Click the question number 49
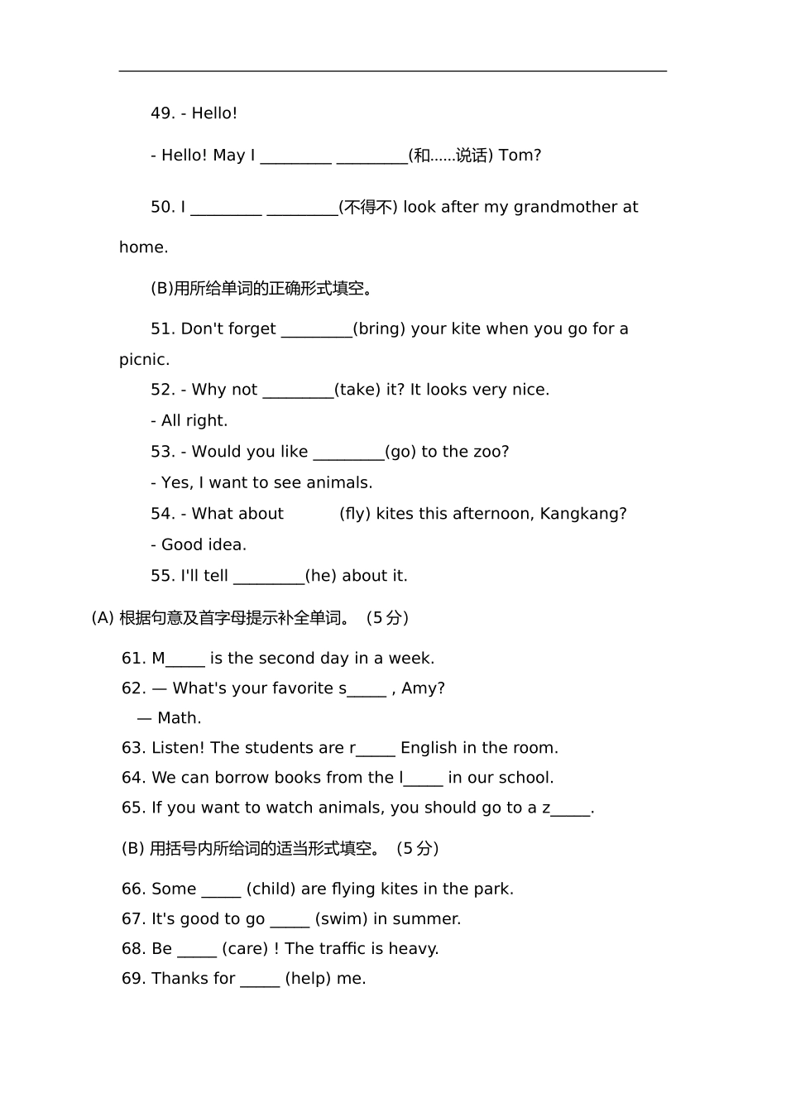click(x=161, y=113)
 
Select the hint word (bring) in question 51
click(x=379, y=329)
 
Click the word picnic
click(x=144, y=360)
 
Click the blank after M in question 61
click(x=185, y=659)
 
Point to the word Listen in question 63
click(x=176, y=748)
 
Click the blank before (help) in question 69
click(x=260, y=979)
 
